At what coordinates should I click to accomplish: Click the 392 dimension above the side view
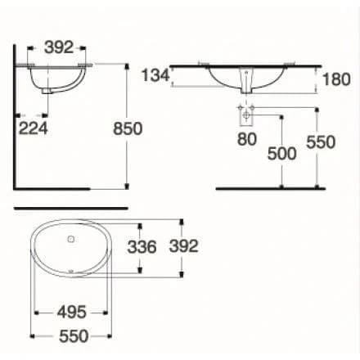coord(59,47)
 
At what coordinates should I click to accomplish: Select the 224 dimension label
coord(34,128)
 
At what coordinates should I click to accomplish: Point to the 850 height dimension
coord(128,128)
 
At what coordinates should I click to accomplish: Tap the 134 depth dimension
coord(155,75)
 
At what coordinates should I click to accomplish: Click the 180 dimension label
coord(336,79)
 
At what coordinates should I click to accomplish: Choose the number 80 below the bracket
coord(247,139)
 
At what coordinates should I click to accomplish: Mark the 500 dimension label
coord(281,153)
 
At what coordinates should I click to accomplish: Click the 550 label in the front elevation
coord(321,142)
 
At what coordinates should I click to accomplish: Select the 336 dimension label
coord(142,247)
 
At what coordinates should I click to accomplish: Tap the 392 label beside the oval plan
coord(183,246)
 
